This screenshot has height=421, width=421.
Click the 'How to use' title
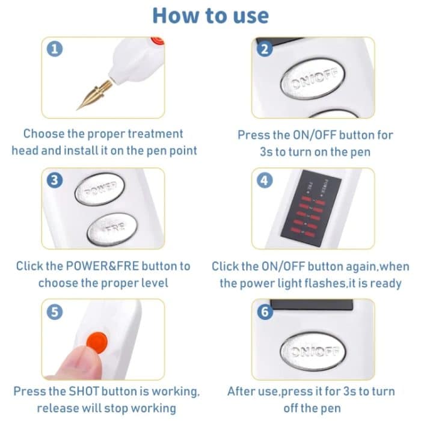(x=210, y=16)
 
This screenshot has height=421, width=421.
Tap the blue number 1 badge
(x=55, y=49)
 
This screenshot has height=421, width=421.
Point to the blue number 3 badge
(x=55, y=180)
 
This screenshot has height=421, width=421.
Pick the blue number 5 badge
(x=55, y=312)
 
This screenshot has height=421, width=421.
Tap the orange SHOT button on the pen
(x=96, y=342)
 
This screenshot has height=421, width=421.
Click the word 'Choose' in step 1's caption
(x=45, y=134)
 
